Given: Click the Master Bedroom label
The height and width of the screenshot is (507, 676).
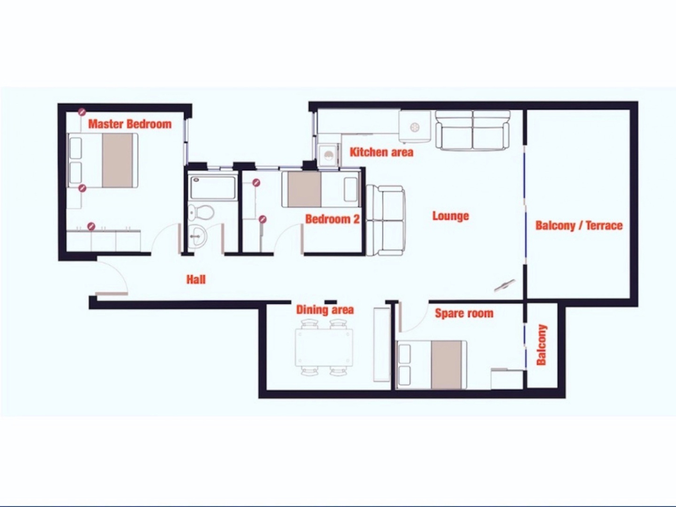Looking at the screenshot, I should click(x=130, y=124).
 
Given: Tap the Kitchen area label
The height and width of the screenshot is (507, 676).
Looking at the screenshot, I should click(x=381, y=152).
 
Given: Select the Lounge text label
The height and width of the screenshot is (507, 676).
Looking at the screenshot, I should click(x=451, y=216).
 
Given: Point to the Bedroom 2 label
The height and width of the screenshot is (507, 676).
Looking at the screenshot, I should click(x=332, y=219).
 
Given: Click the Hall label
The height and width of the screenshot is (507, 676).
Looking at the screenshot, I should click(x=196, y=279).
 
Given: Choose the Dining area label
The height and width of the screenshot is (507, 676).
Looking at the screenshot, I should click(x=325, y=310).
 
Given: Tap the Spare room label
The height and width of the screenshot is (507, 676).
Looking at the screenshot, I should click(x=464, y=313).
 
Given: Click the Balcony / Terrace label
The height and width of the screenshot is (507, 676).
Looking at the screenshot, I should click(x=579, y=226).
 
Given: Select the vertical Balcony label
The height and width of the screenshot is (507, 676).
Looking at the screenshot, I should click(x=541, y=345).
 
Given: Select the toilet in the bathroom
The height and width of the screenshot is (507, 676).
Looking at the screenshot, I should click(x=202, y=211).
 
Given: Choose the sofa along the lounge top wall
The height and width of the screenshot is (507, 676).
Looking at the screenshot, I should click(x=472, y=130).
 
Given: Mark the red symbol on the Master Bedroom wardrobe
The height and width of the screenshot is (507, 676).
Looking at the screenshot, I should click(x=91, y=226).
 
